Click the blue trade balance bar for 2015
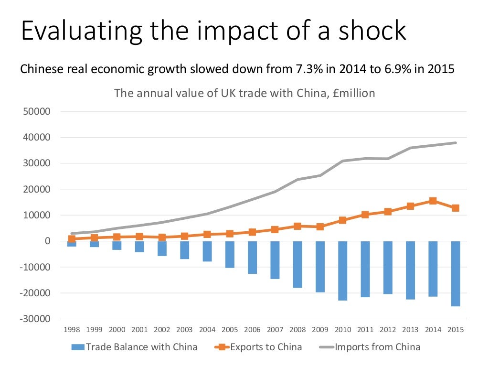(456, 273)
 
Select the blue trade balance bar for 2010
(342, 270)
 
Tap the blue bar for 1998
(72, 244)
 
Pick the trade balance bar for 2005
(230, 254)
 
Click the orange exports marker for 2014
(433, 201)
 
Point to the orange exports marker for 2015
(456, 208)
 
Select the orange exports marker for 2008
(297, 226)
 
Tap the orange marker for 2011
(365, 215)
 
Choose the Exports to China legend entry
(260, 347)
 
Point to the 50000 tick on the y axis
(37, 112)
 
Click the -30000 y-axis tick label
(35, 319)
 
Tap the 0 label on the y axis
(48, 241)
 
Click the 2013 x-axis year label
(410, 330)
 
